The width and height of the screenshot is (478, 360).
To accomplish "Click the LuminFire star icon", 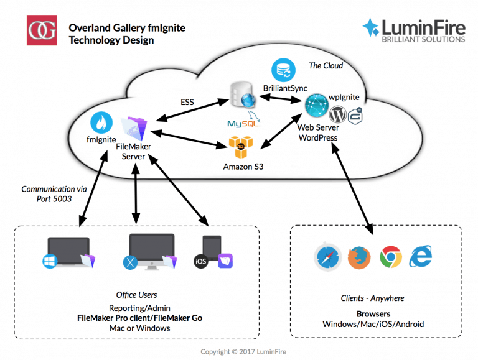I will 372,27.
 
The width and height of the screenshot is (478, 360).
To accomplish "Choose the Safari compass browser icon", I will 327,257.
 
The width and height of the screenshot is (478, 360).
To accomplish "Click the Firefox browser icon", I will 358,257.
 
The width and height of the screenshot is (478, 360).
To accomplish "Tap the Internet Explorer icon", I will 421,256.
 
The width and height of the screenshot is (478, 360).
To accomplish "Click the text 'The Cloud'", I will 326,65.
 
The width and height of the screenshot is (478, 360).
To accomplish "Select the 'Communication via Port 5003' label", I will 47,194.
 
